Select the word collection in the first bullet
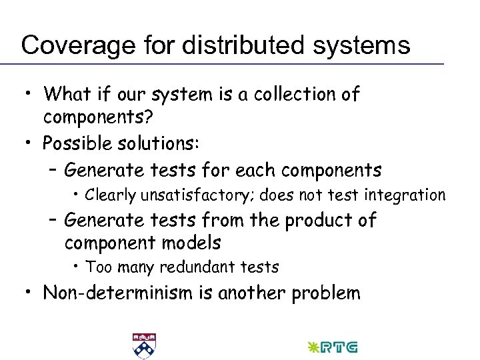284,95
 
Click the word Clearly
111,195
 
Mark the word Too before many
98,267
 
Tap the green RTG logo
331,347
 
